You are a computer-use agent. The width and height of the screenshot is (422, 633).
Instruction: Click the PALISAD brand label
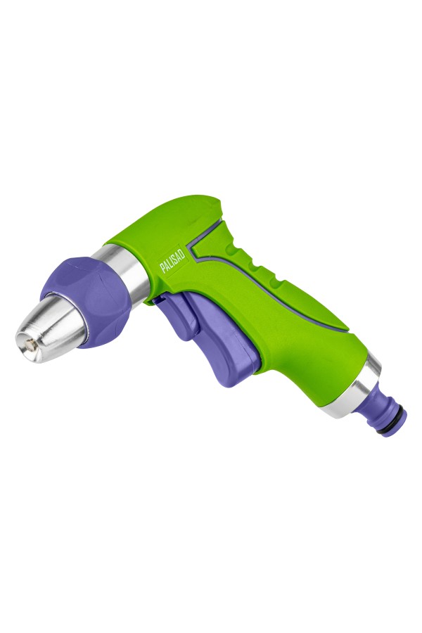click(x=172, y=261)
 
